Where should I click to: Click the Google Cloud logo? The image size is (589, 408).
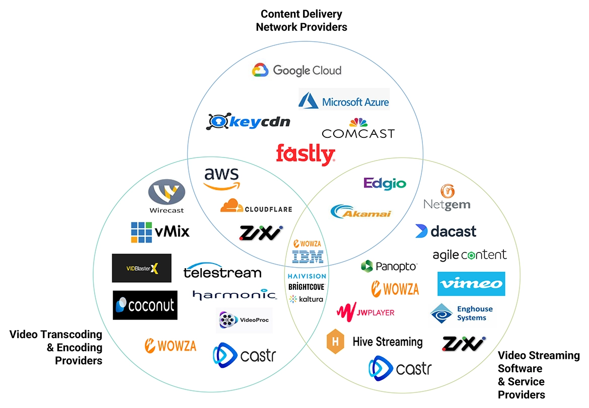297,70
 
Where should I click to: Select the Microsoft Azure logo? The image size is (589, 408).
344,100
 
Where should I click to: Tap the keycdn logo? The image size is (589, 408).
248,122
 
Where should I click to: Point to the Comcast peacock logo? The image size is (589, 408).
358,129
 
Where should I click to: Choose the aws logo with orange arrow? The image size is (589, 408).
222,179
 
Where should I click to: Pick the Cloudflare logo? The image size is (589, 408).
256,206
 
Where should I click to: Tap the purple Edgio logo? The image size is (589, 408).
385,183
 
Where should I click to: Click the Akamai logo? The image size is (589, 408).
360,212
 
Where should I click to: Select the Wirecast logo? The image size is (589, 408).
167,197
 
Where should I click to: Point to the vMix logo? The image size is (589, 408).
160,232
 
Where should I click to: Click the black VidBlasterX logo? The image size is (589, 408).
141,268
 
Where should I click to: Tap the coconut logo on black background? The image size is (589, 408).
145,305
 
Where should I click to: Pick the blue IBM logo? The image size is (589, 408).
308,257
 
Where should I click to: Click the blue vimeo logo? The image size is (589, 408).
471,284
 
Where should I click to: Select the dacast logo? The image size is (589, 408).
446,231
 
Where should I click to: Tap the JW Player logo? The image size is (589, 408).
365,312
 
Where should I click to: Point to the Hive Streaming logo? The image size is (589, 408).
375,342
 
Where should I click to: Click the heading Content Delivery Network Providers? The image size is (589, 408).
301,20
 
